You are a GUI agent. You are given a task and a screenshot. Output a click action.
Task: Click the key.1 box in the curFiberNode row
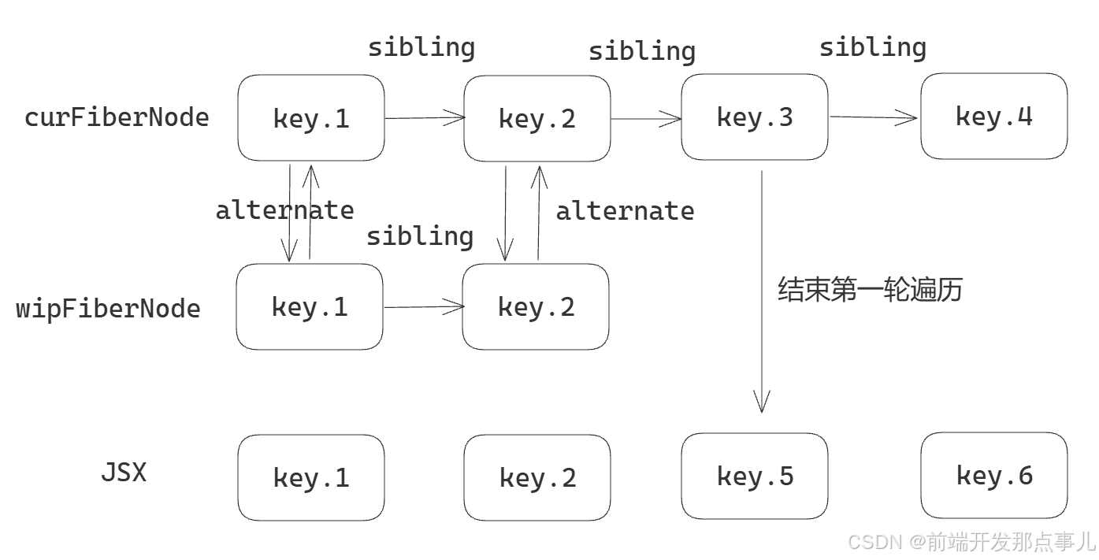tap(311, 118)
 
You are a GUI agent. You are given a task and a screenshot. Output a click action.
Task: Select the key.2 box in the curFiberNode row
tap(537, 118)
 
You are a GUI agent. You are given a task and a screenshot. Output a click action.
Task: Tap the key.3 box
tap(754, 117)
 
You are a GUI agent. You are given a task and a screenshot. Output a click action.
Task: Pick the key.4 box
tap(993, 117)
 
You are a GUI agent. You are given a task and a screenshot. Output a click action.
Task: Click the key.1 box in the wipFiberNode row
tap(310, 306)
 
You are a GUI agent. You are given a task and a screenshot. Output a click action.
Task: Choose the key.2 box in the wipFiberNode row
tap(536, 306)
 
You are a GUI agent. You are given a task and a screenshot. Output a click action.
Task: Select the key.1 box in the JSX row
tap(311, 477)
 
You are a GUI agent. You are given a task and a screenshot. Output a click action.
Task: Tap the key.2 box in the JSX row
tap(537, 477)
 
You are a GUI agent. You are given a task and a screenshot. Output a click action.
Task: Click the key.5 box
tap(754, 476)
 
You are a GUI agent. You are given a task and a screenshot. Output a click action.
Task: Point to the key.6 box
tap(993, 475)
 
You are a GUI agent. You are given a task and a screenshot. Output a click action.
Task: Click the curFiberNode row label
tap(117, 117)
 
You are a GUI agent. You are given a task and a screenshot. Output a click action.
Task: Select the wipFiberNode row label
tap(109, 308)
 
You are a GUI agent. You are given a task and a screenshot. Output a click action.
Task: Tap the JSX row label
tap(124, 473)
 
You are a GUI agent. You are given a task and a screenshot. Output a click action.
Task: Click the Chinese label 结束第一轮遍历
tap(870, 290)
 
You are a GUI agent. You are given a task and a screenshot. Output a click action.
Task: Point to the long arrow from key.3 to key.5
tap(761, 354)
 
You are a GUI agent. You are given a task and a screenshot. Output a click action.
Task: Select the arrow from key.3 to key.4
tap(874, 117)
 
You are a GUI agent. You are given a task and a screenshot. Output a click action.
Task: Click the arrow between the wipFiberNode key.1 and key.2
tap(424, 307)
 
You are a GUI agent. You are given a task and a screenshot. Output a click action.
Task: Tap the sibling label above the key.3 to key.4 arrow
tap(872, 47)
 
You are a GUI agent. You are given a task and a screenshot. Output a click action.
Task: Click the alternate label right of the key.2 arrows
tap(625, 211)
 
